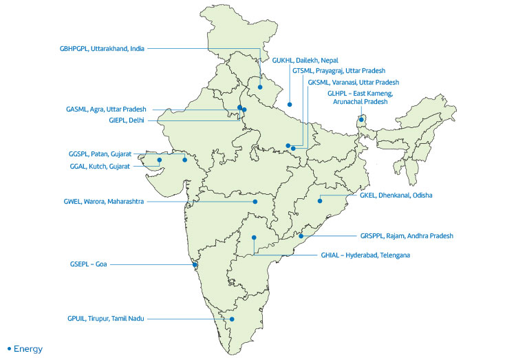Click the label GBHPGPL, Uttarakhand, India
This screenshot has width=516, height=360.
pos(101,48)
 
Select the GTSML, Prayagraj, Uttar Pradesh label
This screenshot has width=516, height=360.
pos(338,71)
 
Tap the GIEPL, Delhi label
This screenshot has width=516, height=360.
pos(127,120)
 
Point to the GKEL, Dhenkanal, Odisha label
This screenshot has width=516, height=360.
pos(396,195)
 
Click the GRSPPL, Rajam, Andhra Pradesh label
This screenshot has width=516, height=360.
pos(407,235)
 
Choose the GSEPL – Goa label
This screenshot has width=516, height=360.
pos(89,264)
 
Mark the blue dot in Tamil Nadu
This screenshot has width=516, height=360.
pos(233,319)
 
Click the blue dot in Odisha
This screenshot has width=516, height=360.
pos(320,201)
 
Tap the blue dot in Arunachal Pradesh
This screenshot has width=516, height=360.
pos(361,120)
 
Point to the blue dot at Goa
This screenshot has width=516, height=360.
pos(196,265)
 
